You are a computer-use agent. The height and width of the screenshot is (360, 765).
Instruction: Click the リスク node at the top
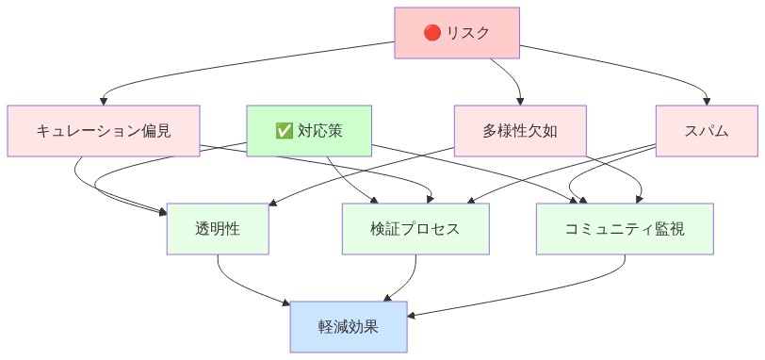457,33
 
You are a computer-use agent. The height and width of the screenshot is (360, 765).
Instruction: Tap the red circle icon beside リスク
432,33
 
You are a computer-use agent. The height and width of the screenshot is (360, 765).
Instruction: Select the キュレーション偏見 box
104,130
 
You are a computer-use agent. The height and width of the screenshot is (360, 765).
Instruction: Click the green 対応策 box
309,130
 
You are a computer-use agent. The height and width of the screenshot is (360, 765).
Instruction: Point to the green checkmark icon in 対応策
283,130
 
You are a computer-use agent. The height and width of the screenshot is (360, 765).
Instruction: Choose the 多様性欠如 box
520,130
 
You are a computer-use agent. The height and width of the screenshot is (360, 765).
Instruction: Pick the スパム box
708,130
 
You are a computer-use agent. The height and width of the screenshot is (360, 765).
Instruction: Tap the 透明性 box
219,229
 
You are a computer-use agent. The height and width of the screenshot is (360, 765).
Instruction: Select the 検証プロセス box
415,229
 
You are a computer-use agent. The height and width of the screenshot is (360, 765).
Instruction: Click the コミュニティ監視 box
625,229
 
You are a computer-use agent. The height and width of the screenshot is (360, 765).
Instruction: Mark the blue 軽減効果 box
349,326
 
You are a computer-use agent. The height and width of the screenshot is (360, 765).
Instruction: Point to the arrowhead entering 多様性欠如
520,101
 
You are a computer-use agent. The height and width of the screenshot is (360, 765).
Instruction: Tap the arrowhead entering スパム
708,101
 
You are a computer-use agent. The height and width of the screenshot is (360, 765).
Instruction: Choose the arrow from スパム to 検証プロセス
565,174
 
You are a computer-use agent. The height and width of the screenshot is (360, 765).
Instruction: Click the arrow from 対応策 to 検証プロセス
349,179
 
